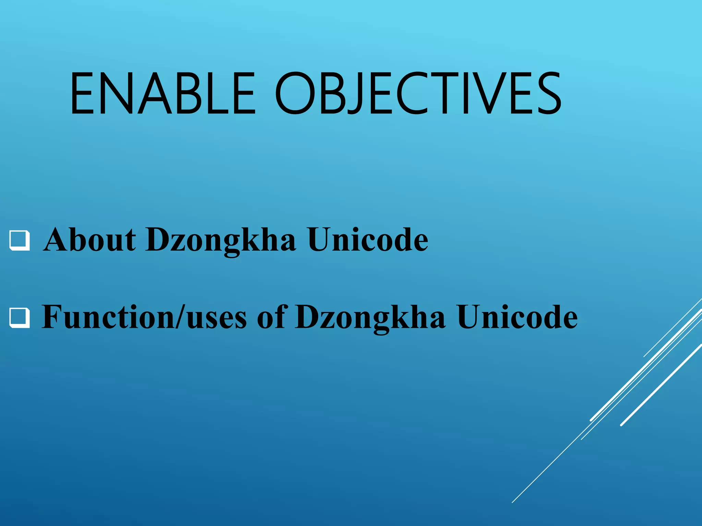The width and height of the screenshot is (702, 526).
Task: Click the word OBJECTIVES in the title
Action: [x=418, y=93]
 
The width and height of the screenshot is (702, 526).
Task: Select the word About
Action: [x=90, y=240]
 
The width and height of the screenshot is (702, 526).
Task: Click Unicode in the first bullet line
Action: [x=367, y=240]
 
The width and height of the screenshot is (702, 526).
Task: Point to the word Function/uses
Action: [x=144, y=317]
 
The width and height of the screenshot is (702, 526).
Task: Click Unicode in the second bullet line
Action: [x=517, y=317]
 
